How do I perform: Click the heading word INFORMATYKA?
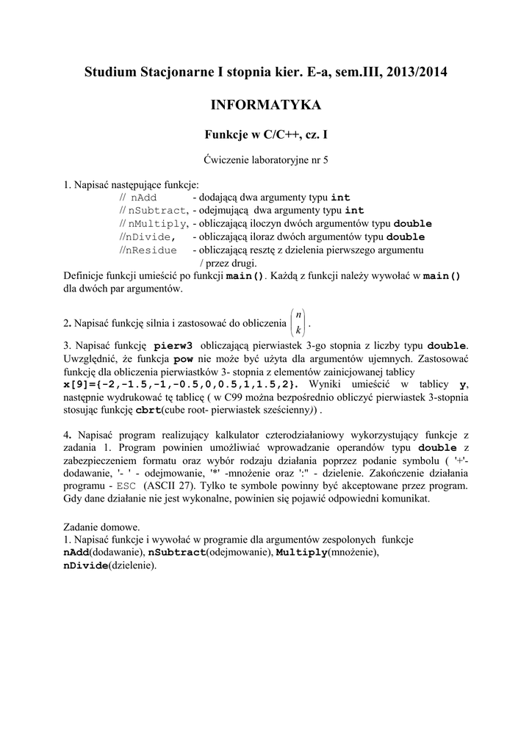266,106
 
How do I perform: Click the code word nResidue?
151,250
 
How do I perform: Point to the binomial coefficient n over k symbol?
298,322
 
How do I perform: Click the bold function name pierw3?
173,345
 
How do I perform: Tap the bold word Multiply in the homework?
302,553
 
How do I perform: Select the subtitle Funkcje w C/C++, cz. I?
265,135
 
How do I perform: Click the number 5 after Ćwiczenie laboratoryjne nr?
326,159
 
